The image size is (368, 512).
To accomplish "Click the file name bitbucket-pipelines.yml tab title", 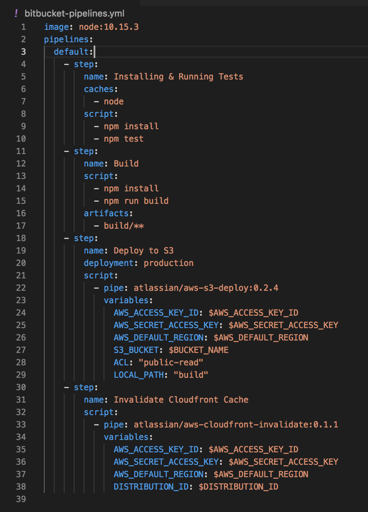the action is point(74,14).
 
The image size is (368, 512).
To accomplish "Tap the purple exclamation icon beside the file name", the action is point(16,13).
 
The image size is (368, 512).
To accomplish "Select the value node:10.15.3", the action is point(109,27).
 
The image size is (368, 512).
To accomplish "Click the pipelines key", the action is point(66,39).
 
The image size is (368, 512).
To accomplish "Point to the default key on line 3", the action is point(71,52).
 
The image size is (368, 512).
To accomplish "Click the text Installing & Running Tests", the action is point(178,77).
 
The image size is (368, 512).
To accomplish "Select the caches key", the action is point(99,89).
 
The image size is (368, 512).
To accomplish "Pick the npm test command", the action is point(123,139).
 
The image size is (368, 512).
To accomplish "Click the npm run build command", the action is point(136,201).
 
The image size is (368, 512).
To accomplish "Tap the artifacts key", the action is point(106,213).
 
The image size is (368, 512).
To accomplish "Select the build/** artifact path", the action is point(124,226).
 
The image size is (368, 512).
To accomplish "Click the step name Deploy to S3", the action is point(144,251).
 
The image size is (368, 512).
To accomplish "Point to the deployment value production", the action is point(169,263).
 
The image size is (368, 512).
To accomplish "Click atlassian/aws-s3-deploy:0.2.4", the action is point(206,288).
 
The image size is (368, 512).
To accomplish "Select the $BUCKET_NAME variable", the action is point(199,350).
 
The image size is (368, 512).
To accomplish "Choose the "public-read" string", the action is point(171,362).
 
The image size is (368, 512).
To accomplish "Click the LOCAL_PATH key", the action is point(138,375).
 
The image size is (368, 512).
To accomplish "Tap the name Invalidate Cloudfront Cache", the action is point(181,400).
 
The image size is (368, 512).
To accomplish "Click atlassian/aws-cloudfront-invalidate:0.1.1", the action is point(236,425).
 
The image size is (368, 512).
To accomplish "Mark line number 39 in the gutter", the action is point(21,499).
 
